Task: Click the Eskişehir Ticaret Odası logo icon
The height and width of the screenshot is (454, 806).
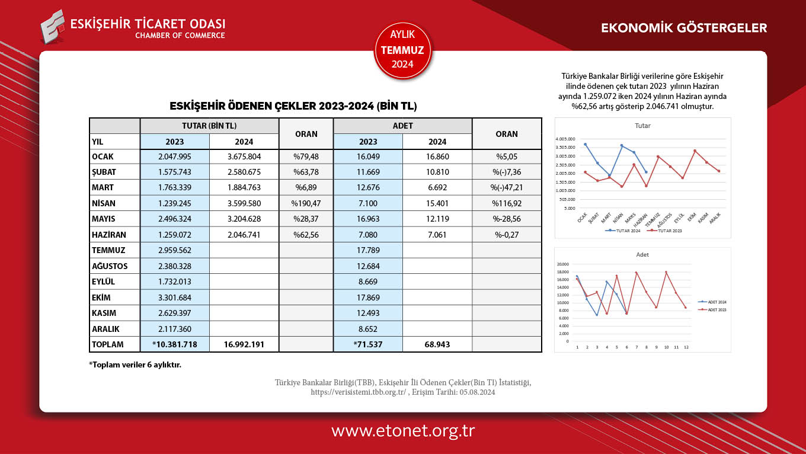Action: [x=53, y=27]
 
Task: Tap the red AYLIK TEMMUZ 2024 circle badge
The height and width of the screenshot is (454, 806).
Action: [x=403, y=50]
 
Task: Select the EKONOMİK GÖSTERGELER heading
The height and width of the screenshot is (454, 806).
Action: [x=684, y=28]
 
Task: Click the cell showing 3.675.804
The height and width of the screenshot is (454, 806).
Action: [x=244, y=157]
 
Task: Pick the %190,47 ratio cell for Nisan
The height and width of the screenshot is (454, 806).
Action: [x=306, y=203]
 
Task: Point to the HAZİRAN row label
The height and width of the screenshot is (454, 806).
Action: [x=110, y=234]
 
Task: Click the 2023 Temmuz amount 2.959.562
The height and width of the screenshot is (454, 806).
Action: [x=175, y=250]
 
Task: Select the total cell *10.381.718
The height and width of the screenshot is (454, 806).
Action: [x=175, y=344]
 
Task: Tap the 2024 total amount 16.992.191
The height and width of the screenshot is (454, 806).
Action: [x=244, y=344]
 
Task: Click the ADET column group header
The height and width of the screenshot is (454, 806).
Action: [x=402, y=126]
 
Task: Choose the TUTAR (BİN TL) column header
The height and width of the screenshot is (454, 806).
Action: [x=209, y=126]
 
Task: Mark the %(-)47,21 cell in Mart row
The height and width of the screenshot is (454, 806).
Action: [x=507, y=188]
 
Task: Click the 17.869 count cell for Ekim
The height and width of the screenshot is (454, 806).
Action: [x=368, y=298]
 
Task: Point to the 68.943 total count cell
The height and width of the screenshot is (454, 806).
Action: [x=437, y=344]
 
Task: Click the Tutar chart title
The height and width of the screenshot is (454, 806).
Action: [x=642, y=126]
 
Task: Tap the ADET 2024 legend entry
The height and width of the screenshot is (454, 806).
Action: [x=714, y=302]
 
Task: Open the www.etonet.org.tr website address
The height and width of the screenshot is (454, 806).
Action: [x=403, y=431]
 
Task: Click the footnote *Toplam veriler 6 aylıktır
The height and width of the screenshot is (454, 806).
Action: [x=135, y=365]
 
